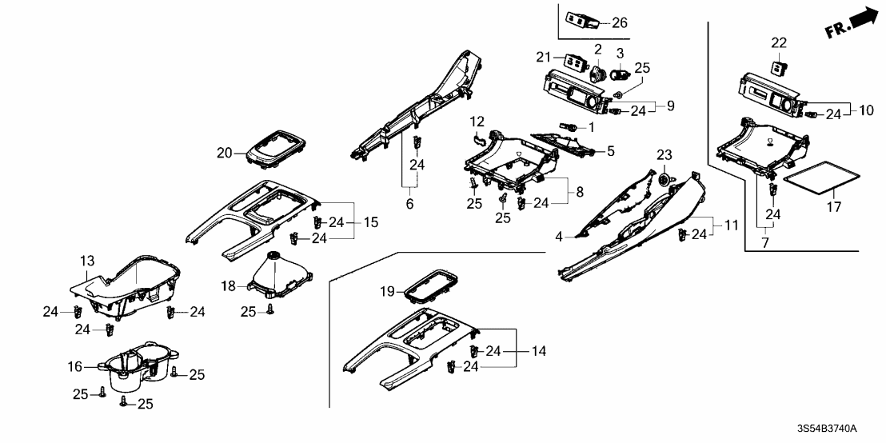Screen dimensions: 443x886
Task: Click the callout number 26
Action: (x=620, y=22)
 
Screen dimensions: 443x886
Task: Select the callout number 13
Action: (x=86, y=260)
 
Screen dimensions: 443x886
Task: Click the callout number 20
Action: (x=224, y=152)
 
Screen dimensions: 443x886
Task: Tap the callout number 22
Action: (x=780, y=42)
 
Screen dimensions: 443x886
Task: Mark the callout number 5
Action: (x=610, y=151)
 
